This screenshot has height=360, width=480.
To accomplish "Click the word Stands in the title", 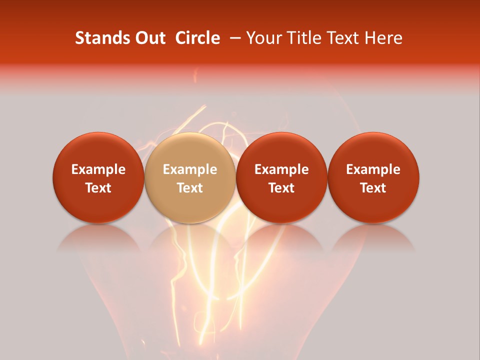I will (x=102, y=38).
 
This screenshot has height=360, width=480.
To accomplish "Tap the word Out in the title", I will (x=150, y=38).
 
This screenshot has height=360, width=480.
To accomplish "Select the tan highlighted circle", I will (x=190, y=177).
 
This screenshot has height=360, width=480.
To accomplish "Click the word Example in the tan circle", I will (x=190, y=169).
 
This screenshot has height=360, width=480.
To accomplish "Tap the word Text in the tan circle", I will (x=190, y=188).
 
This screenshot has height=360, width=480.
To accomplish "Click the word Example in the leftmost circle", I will (x=98, y=169).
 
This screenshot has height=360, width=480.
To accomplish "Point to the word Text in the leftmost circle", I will (x=98, y=188).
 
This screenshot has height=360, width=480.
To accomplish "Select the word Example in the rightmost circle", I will (x=373, y=169).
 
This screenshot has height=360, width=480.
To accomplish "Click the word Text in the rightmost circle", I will (x=373, y=188).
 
